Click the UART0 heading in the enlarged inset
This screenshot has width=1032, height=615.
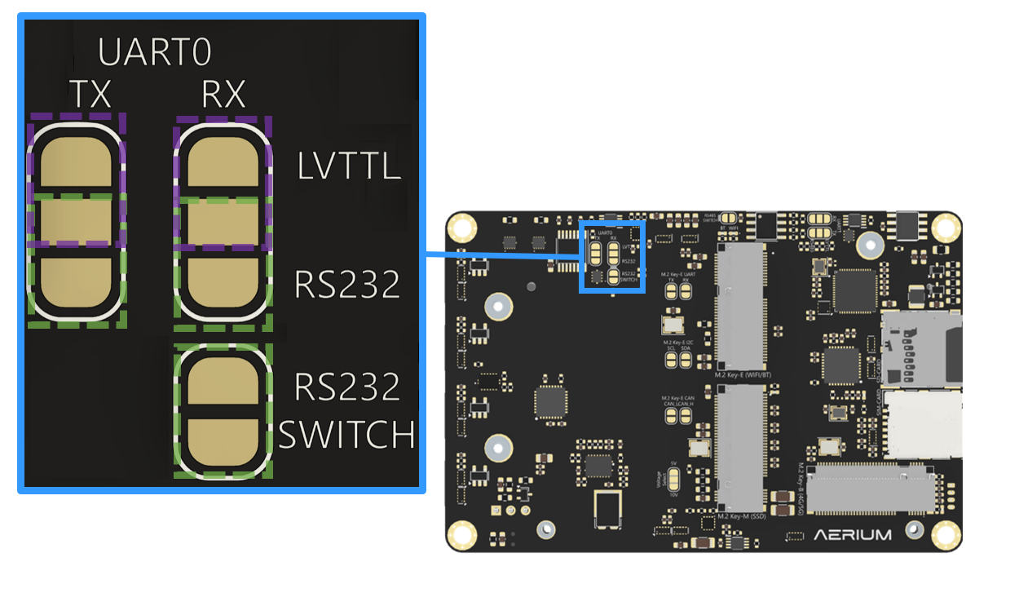click(155, 53)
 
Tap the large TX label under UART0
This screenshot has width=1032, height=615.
click(90, 95)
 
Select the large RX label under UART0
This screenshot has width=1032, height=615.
click(223, 95)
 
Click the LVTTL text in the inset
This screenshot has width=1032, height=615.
click(349, 167)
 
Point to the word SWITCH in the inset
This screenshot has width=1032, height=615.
click(346, 435)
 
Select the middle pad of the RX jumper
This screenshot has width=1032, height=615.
click(223, 222)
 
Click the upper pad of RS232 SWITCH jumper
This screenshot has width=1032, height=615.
click(223, 381)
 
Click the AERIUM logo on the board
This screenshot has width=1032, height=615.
click(853, 535)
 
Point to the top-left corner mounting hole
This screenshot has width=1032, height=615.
click(463, 226)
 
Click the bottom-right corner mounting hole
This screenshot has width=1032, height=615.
click(945, 534)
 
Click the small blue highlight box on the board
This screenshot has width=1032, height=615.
click(611, 255)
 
